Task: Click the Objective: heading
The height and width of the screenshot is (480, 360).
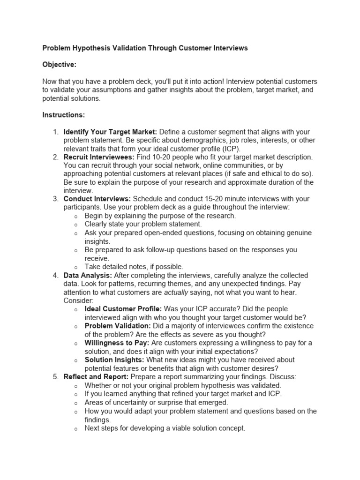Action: pos(59,65)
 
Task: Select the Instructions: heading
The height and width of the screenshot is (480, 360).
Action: pos(63,115)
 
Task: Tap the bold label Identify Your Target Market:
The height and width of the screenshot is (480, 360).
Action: pos(110,132)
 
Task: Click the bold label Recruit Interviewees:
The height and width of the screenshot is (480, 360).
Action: pos(98,157)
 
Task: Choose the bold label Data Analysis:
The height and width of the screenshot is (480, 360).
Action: pos(88,275)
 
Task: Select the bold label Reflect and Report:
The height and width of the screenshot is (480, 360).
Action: pos(96,376)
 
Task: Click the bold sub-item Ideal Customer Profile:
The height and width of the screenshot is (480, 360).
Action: pos(123,309)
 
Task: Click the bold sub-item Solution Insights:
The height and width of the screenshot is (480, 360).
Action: pos(114,360)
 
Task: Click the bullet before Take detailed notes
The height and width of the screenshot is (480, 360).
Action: pos(76,267)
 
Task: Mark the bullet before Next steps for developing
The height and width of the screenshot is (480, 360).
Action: pos(76,428)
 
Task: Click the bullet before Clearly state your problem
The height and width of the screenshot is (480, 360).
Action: pos(76,225)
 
